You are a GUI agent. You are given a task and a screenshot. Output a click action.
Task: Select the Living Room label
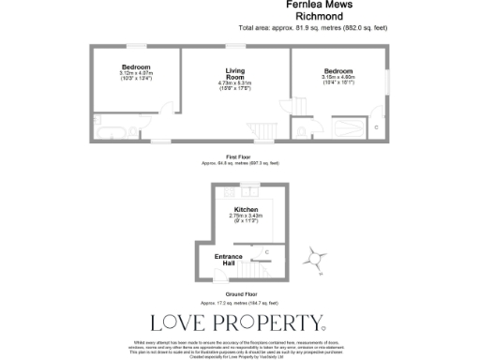pos(234,74)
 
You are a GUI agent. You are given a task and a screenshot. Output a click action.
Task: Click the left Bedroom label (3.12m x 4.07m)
pos(136,67)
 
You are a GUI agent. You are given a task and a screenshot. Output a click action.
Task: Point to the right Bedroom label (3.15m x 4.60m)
pos(337,72)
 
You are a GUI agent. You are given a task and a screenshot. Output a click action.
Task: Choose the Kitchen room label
pos(246,209)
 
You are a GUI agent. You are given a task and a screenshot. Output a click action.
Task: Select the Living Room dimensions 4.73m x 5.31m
pos(234,84)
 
